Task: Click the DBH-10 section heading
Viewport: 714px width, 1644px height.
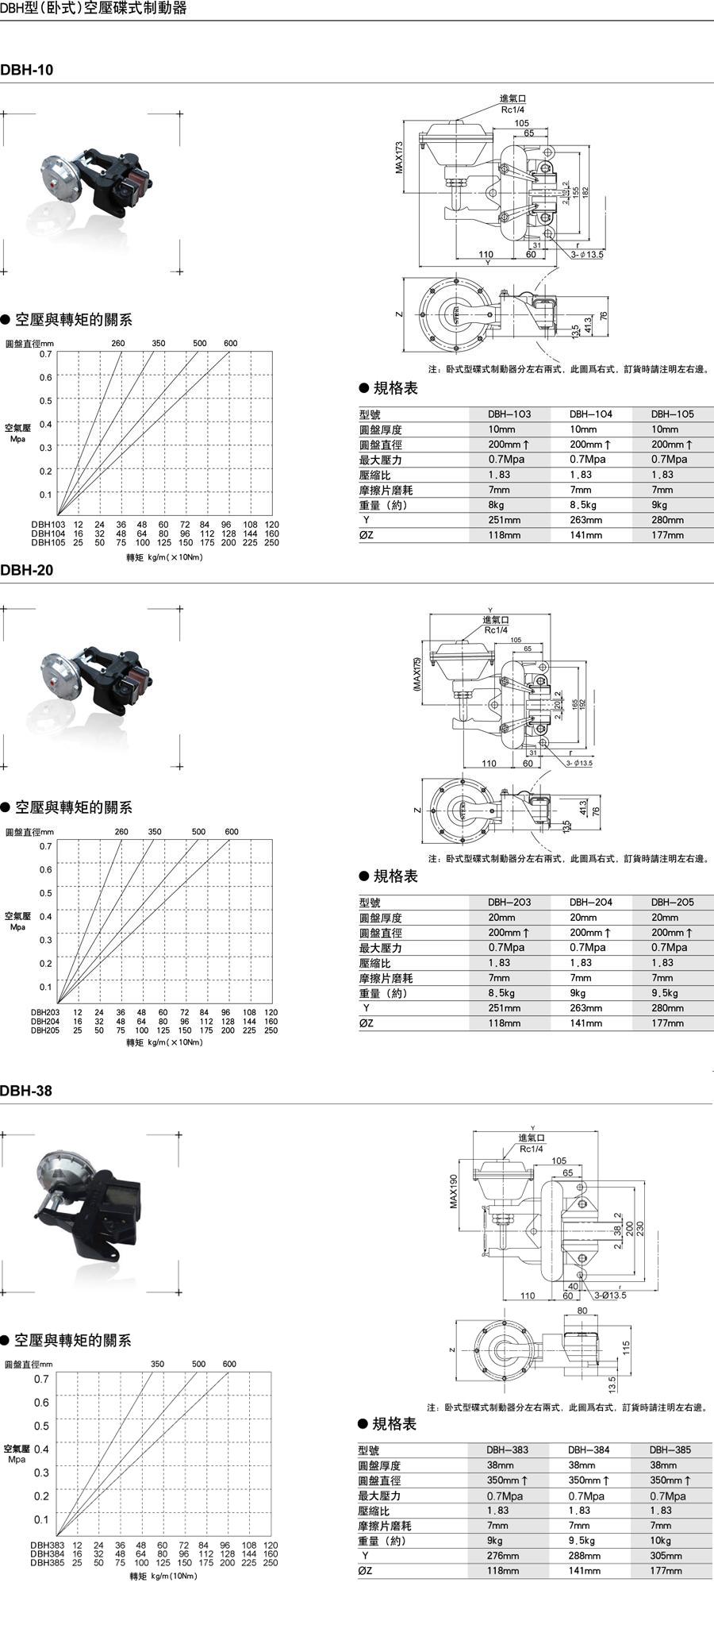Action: (27, 70)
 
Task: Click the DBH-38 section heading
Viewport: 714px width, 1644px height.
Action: (26, 1091)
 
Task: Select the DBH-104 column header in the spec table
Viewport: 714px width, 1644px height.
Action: (590, 414)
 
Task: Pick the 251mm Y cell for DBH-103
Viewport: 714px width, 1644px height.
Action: (504, 520)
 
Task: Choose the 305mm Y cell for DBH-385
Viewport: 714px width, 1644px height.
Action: (666, 1555)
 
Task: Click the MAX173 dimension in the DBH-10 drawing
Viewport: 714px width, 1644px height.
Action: (399, 157)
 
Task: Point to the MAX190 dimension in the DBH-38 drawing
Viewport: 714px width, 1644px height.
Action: (454, 1191)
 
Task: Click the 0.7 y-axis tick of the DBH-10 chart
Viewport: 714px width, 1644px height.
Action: (46, 354)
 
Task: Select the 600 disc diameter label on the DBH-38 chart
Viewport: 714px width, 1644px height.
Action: (229, 1364)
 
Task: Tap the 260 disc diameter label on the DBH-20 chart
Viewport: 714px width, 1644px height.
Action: (121, 832)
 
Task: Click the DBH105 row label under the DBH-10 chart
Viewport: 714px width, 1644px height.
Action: (47, 543)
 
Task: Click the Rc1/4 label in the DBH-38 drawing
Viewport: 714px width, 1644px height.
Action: (532, 1149)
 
